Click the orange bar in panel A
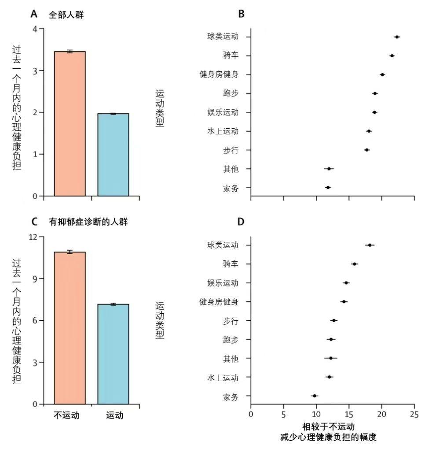[70, 124]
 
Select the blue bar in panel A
[113, 155]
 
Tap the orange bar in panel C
[70, 328]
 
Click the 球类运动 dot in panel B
[397, 37]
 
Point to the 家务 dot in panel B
[328, 188]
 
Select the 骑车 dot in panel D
[354, 264]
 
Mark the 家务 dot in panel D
[314, 396]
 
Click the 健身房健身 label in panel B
[219, 74]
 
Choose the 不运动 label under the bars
[66, 416]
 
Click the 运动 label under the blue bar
[114, 416]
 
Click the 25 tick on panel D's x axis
[414, 414]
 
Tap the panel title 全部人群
[66, 14]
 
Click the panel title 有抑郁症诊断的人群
[88, 222]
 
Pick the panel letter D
[241, 222]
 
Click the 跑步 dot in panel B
[375, 93]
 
